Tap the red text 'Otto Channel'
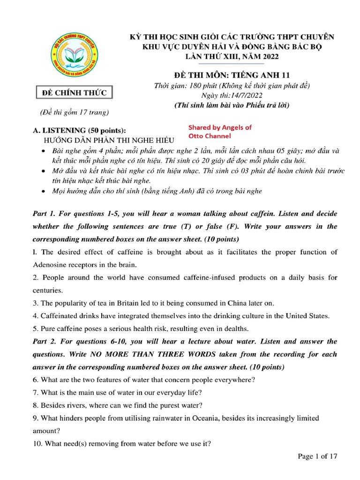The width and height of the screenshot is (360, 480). tap(210, 136)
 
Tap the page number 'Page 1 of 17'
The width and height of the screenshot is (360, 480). tap(317, 456)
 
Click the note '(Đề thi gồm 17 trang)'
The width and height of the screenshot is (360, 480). tap(74, 112)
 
